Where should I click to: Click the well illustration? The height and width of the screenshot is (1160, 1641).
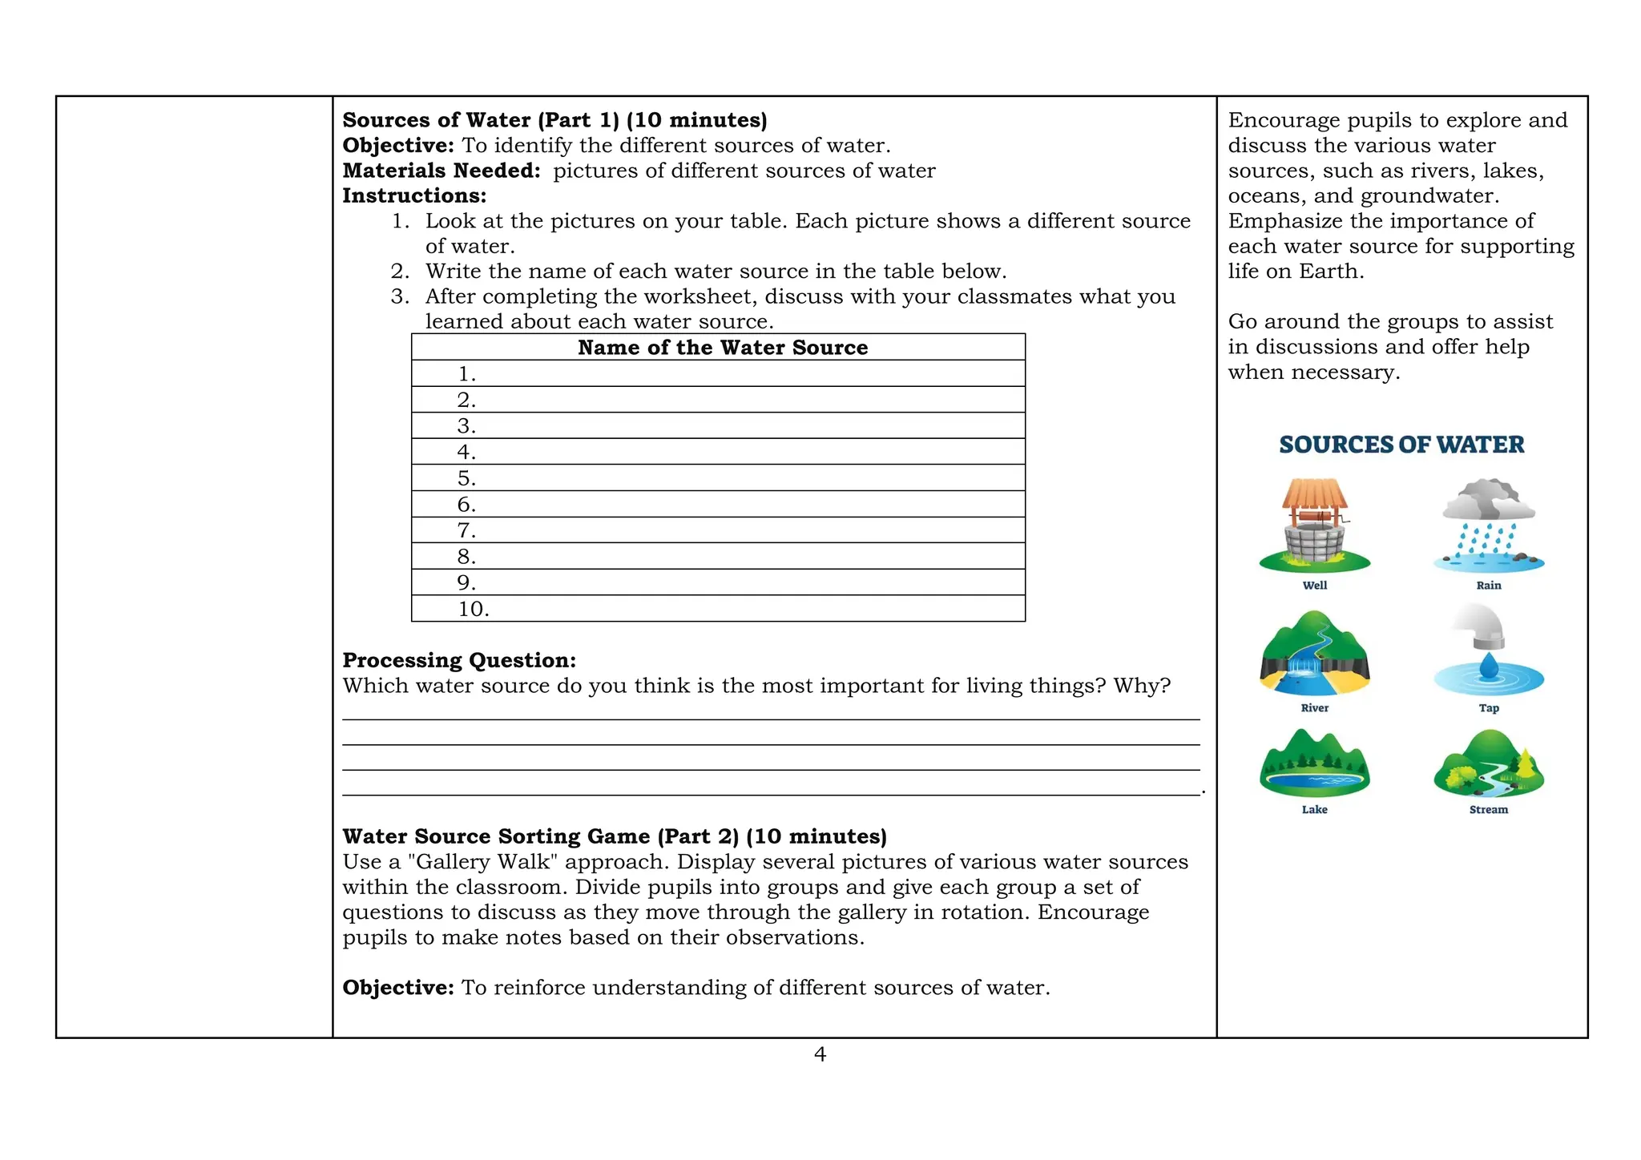click(x=1314, y=526)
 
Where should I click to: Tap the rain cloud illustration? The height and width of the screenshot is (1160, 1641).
click(x=1489, y=525)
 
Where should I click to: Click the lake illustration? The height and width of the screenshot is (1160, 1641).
click(x=1314, y=765)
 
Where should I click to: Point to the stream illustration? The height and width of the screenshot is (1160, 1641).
click(x=1489, y=765)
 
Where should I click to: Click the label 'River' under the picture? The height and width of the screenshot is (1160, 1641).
click(x=1314, y=708)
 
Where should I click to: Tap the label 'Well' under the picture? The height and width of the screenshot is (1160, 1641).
click(x=1314, y=586)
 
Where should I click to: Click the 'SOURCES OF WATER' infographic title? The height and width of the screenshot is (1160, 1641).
click(x=1401, y=445)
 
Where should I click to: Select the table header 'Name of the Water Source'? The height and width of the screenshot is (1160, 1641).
click(x=722, y=348)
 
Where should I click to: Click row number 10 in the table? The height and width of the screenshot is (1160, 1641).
click(x=474, y=609)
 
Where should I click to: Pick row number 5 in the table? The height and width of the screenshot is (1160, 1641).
click(x=466, y=478)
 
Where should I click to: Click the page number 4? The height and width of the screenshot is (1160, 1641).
click(x=820, y=1054)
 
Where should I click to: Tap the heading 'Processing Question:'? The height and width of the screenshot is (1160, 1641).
click(x=459, y=660)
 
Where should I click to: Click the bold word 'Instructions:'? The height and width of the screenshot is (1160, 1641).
click(x=414, y=195)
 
